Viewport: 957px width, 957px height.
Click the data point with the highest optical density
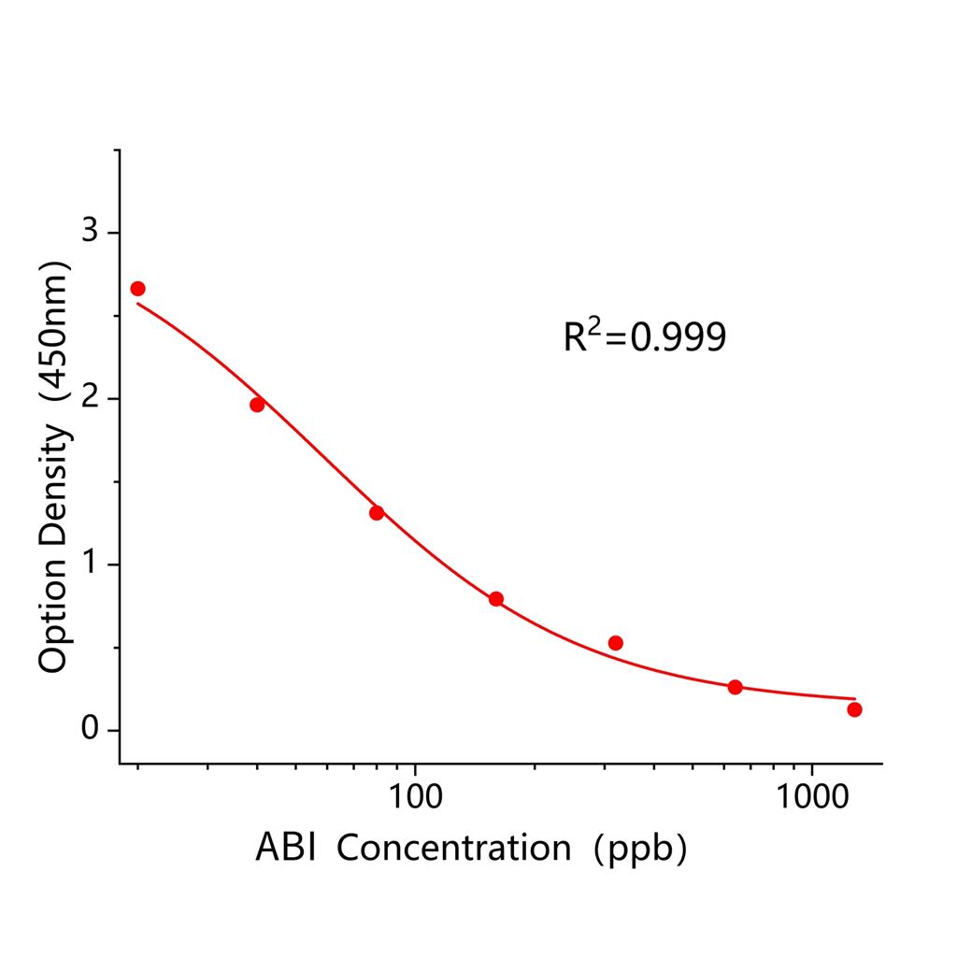(x=137, y=289)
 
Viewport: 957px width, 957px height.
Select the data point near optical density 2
(x=257, y=405)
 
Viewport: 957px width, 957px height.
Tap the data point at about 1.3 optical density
(x=377, y=513)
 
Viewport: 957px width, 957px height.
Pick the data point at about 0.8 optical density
(x=496, y=599)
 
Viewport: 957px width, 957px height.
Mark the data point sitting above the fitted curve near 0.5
(x=615, y=643)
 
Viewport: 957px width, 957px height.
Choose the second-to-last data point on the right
(x=735, y=688)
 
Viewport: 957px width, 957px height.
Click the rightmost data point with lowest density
(x=854, y=710)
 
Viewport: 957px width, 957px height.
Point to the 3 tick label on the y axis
(x=90, y=232)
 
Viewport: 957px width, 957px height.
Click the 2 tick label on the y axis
(x=90, y=398)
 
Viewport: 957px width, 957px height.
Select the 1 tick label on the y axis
(x=90, y=564)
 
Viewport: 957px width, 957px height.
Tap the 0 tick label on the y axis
(x=90, y=730)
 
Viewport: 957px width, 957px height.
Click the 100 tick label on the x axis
(x=415, y=796)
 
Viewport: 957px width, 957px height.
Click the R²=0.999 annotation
(x=644, y=336)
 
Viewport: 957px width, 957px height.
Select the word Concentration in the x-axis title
(x=454, y=848)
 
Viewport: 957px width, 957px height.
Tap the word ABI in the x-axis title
(x=285, y=848)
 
